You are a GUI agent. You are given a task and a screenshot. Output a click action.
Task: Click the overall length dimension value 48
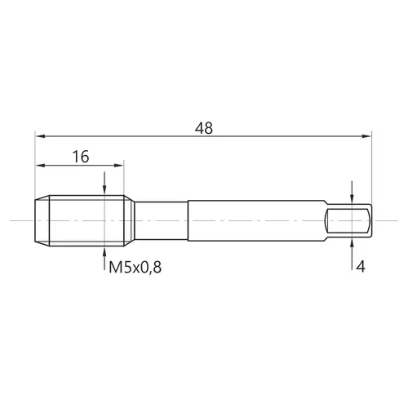tap(204, 128)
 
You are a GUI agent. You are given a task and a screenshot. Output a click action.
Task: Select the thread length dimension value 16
tap(81, 157)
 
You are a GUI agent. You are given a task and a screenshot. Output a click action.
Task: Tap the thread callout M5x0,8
tap(135, 268)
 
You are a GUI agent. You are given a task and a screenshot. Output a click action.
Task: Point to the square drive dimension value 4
tap(361, 267)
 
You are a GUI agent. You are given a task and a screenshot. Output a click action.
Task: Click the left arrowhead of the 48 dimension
tap(40, 136)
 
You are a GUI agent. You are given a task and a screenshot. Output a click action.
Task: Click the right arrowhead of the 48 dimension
tap(366, 136)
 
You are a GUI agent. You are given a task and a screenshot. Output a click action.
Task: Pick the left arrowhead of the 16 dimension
tap(40, 166)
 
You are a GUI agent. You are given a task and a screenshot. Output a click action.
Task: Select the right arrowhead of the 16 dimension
tap(119, 166)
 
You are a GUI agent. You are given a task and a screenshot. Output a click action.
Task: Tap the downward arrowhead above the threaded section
tap(104, 190)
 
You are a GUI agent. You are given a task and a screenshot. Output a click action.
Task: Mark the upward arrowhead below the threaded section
tap(104, 251)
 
